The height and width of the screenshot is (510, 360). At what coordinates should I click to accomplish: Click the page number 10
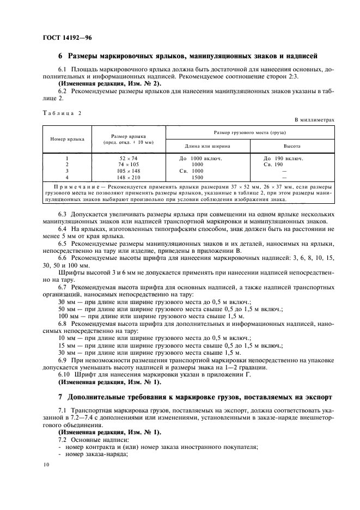[x=45, y=464]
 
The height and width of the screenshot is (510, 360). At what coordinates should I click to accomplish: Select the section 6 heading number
[x=60, y=56]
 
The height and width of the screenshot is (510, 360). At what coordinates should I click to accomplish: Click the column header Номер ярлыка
[x=67, y=138]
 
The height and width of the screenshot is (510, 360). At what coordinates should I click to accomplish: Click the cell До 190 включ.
[x=283, y=158]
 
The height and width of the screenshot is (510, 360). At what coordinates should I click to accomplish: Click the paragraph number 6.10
[x=64, y=374]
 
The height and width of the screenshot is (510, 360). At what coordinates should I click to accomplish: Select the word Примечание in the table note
[x=69, y=186]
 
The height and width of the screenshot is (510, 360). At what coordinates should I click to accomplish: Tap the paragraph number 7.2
[x=63, y=439]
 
